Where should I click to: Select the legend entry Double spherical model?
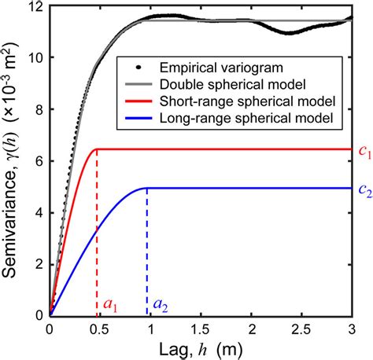click(x=221, y=83)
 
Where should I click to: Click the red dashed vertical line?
click(x=96, y=236)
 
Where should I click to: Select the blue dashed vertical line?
click(x=147, y=252)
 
